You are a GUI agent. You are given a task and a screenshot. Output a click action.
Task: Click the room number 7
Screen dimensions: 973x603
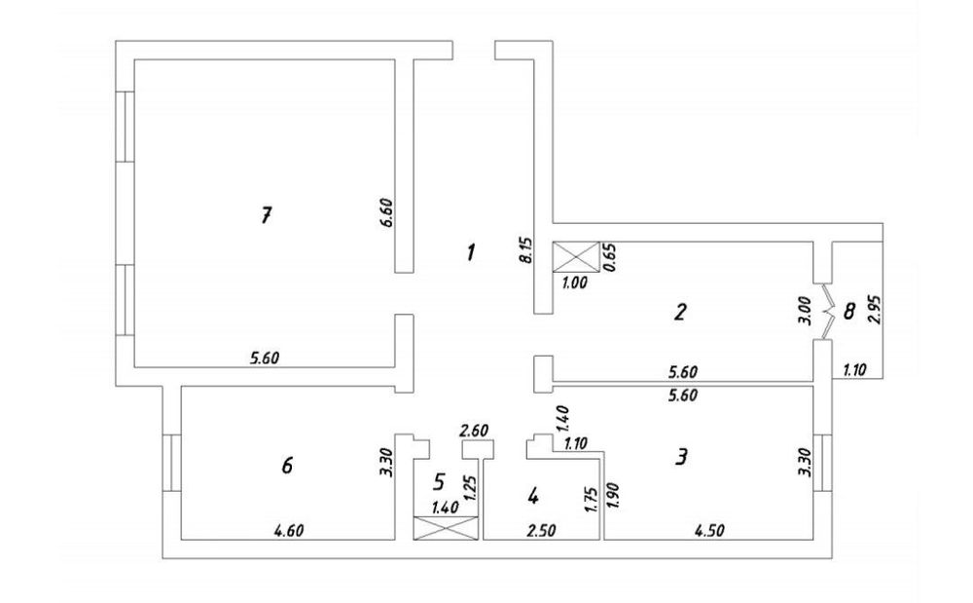266,215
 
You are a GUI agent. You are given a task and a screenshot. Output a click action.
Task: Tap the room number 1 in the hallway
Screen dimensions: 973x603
471,252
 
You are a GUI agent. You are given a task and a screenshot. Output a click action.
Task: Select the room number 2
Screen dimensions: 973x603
679,311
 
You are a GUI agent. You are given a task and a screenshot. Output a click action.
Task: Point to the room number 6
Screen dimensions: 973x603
287,465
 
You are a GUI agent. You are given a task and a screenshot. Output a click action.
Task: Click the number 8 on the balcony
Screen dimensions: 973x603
848,311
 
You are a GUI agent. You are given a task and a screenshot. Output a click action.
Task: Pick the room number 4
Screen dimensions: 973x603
532,496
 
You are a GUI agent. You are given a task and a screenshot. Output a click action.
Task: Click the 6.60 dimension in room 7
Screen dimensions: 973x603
386,213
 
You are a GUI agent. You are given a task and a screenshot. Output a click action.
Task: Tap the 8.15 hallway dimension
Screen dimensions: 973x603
526,248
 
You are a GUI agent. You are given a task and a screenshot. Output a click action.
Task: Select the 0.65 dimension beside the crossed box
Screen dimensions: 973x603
610,257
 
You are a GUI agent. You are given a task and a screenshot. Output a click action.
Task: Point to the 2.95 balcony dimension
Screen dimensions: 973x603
875,309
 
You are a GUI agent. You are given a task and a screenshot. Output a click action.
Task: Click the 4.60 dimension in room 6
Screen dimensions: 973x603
289,531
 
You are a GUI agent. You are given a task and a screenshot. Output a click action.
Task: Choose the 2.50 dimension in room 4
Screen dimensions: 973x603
540,531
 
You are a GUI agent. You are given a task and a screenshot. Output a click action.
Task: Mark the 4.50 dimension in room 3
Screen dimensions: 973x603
709,531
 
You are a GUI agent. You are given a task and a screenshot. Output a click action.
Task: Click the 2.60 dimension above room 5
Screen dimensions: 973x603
474,430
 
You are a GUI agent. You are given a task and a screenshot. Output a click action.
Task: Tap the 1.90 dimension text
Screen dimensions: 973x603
613,496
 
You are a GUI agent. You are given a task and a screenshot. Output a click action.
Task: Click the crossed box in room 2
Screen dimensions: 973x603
576,257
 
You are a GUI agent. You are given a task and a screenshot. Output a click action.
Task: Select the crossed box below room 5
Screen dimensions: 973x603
446,528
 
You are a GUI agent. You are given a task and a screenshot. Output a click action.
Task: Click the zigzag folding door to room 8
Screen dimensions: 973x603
827,312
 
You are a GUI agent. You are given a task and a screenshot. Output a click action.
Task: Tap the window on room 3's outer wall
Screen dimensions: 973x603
822,463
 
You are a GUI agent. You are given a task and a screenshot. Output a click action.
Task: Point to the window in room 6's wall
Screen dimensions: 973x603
172,463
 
